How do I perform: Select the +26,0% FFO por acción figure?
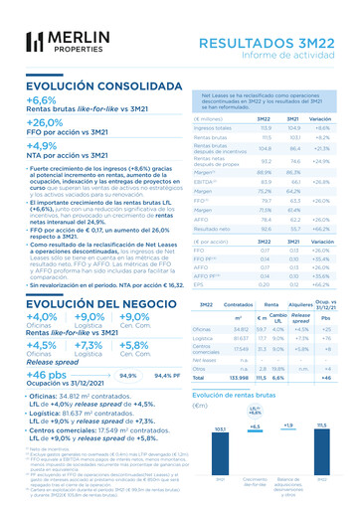[x=46, y=122]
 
